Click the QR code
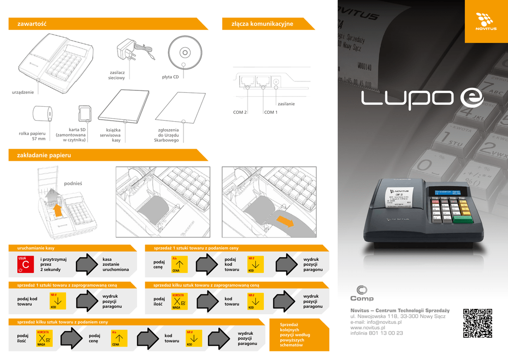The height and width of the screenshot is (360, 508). tap(478, 323)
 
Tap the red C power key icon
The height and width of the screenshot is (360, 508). tap(25, 264)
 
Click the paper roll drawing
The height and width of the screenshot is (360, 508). tap(42, 114)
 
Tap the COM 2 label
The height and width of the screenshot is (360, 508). tap(240, 112)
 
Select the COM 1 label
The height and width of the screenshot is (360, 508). tap(271, 112)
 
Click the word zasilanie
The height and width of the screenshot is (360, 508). tap(286, 104)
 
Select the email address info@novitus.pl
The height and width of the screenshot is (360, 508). tap(376, 322)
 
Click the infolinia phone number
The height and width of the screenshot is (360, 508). tap(377, 333)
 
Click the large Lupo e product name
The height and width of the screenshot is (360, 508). tap(422, 97)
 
